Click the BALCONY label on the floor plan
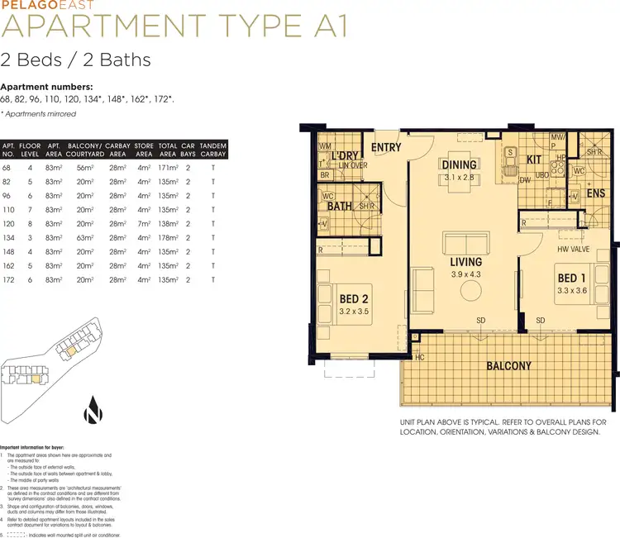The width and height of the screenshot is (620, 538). (x=508, y=365)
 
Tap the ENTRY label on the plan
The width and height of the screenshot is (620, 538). (x=386, y=148)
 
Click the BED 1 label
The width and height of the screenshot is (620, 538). (x=571, y=278)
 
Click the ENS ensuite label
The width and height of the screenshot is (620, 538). (x=596, y=193)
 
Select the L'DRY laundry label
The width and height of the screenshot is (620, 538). (x=342, y=156)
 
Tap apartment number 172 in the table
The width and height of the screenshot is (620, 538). (x=8, y=280)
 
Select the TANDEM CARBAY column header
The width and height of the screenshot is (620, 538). (x=212, y=149)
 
